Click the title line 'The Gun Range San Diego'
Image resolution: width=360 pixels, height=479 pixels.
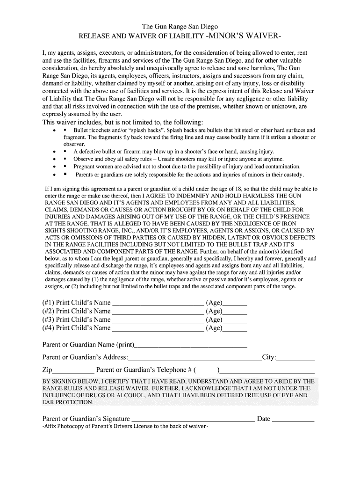tap(180, 27)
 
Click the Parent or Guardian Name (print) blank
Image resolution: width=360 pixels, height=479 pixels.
tap(190, 346)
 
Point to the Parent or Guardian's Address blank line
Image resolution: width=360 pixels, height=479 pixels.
tap(194, 358)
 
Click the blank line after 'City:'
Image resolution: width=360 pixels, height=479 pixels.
tap(295, 358)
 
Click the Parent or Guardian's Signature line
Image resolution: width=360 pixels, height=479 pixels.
tap(193, 419)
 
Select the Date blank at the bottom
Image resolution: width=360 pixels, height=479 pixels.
tap(293, 419)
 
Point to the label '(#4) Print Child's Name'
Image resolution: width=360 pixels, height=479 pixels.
tap(76, 328)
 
